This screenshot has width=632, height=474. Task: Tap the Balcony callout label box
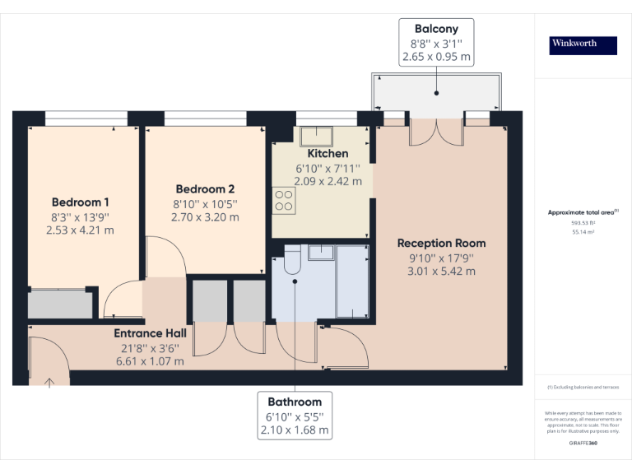(436, 42)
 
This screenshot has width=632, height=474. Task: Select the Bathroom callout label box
(294, 416)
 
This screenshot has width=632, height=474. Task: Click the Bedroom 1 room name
(81, 202)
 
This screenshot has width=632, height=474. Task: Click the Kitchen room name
(328, 154)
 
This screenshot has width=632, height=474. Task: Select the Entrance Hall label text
(150, 333)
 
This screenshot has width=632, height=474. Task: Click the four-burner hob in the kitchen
(284, 199)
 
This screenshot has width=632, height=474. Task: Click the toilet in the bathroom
(291, 262)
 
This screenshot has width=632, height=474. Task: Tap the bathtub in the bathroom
(353, 281)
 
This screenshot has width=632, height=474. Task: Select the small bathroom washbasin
(320, 253)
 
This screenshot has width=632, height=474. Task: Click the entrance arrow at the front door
(49, 381)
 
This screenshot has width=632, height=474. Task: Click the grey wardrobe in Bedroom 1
(61, 304)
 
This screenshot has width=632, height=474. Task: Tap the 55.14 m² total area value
(583, 233)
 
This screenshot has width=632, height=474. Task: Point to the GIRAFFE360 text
(583, 444)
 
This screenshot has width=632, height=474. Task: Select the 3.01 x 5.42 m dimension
(441, 271)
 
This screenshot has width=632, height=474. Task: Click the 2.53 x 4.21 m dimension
(81, 230)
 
